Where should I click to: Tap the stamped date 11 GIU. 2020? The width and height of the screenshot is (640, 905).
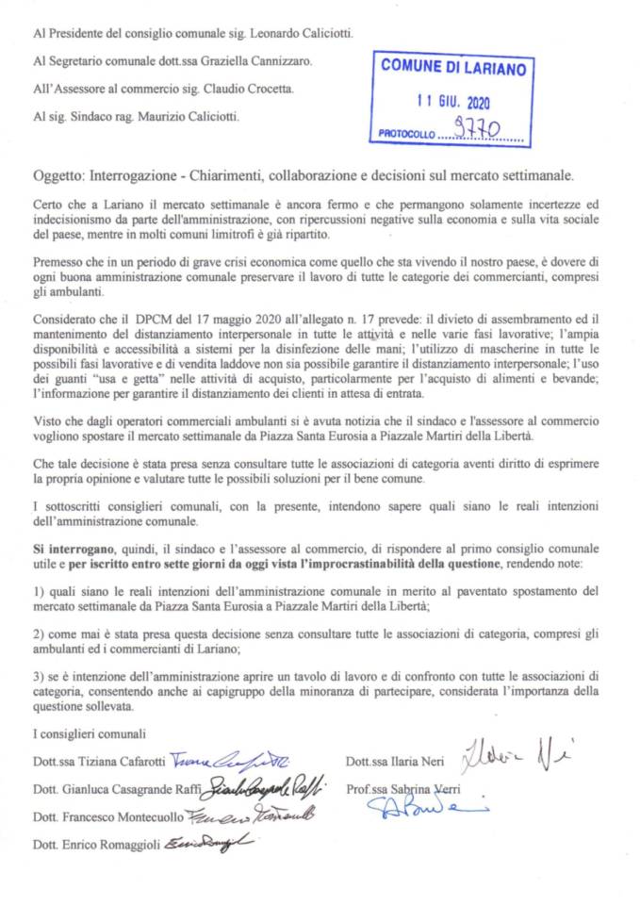[x=452, y=101]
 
